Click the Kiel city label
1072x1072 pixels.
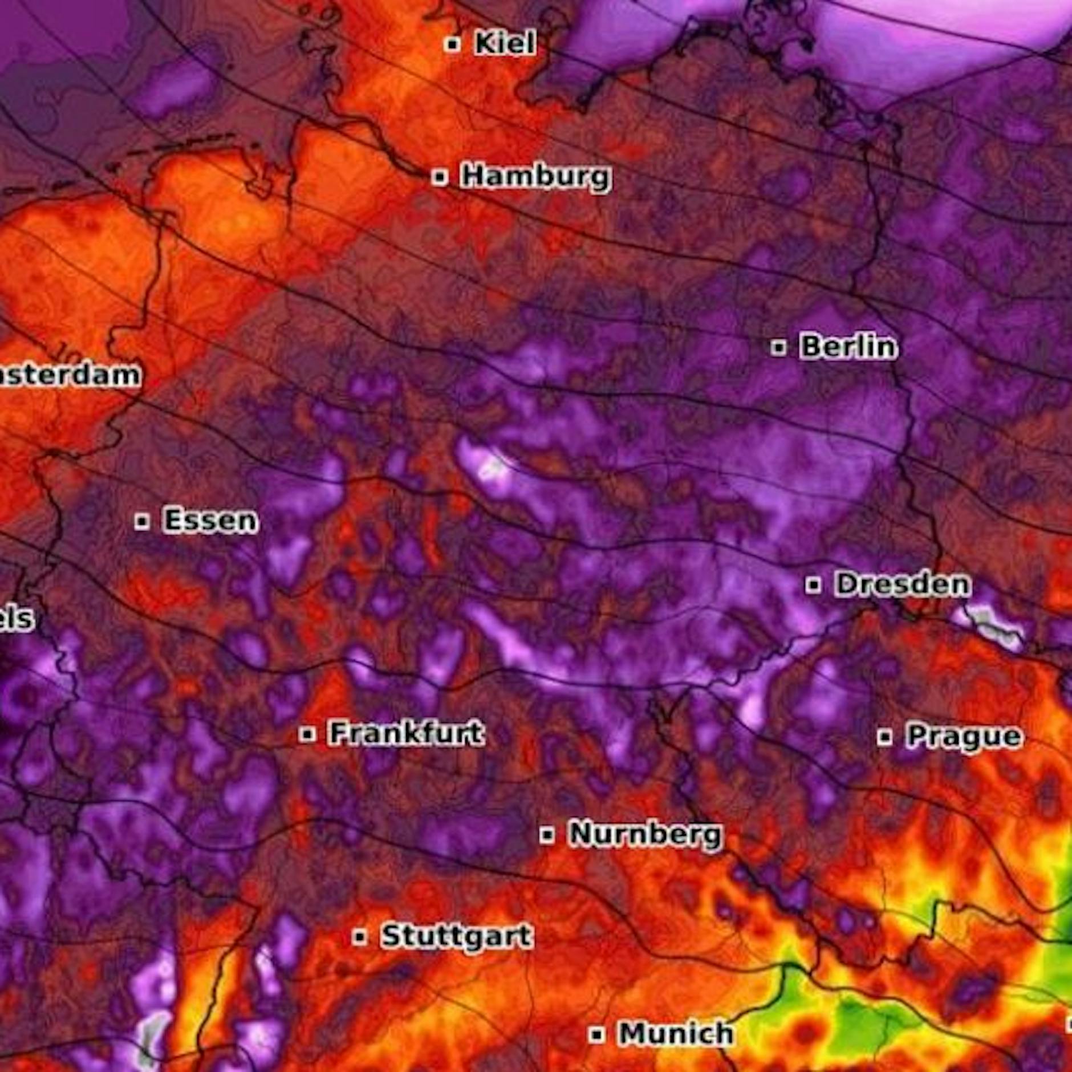coord(505,43)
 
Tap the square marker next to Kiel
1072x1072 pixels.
coord(453,44)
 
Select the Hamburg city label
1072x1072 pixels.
coord(535,176)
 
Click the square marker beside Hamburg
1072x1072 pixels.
coord(439,177)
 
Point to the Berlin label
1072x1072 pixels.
coord(848,347)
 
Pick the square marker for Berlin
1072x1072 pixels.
coord(778,347)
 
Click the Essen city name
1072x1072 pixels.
coord(210,521)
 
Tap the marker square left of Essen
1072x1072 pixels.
coord(142,521)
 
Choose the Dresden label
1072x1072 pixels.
coord(902,584)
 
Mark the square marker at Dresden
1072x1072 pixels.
coord(814,584)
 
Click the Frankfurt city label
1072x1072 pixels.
coord(407,733)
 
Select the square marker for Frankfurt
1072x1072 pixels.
coord(307,734)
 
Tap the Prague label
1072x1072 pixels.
coord(964,736)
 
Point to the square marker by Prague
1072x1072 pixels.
coord(884,737)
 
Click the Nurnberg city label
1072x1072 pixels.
coord(645,834)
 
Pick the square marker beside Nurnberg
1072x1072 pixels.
coord(547,835)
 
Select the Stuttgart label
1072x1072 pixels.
coord(457,936)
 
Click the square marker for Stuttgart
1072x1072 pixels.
coord(359,937)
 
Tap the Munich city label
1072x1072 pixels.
coord(676,1033)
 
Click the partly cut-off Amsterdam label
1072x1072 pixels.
coord(68,375)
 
